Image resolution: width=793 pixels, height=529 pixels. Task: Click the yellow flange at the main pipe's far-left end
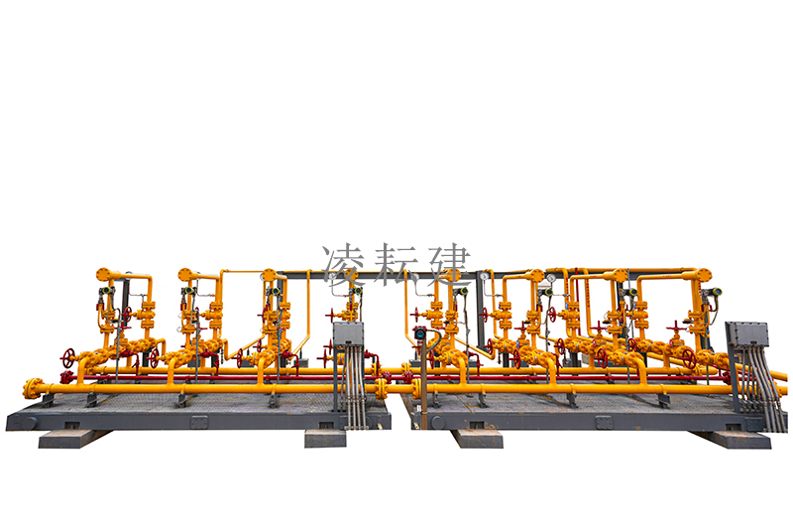click(33, 388)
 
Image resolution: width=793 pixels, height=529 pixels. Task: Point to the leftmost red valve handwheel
click(67, 358)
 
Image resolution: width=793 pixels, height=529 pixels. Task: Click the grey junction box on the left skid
click(349, 333)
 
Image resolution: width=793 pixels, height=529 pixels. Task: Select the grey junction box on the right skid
click(748, 335)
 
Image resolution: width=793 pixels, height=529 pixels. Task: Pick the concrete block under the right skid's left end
click(478, 439)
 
